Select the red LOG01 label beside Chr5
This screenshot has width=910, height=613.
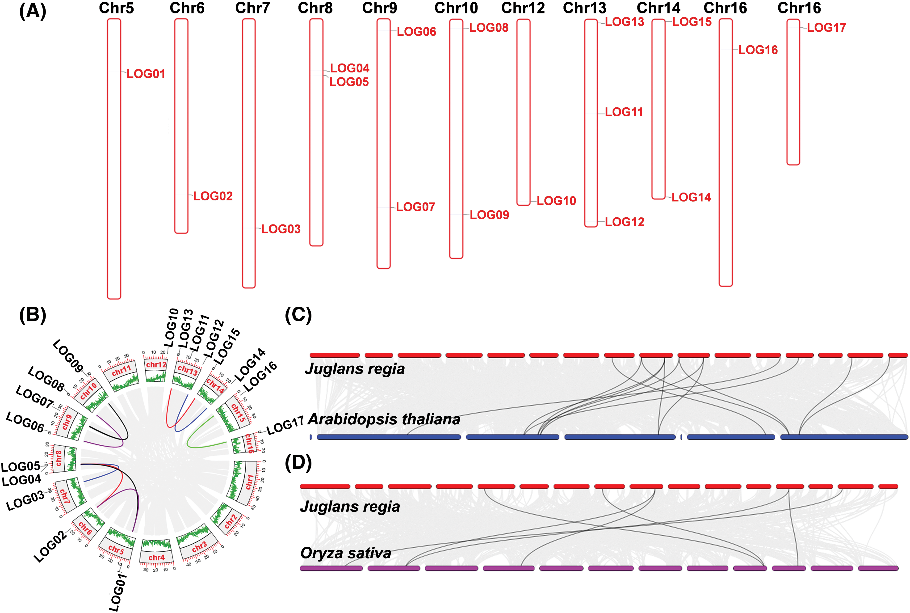coord(146,74)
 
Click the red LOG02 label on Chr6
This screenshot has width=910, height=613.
coord(213,196)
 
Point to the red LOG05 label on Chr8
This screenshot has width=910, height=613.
coord(349,82)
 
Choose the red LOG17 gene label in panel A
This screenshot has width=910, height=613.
coord(826,28)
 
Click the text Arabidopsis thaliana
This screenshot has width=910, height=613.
coord(384,419)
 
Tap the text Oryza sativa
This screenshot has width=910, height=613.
coord(346,553)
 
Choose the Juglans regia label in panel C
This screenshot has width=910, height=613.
coord(355,369)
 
